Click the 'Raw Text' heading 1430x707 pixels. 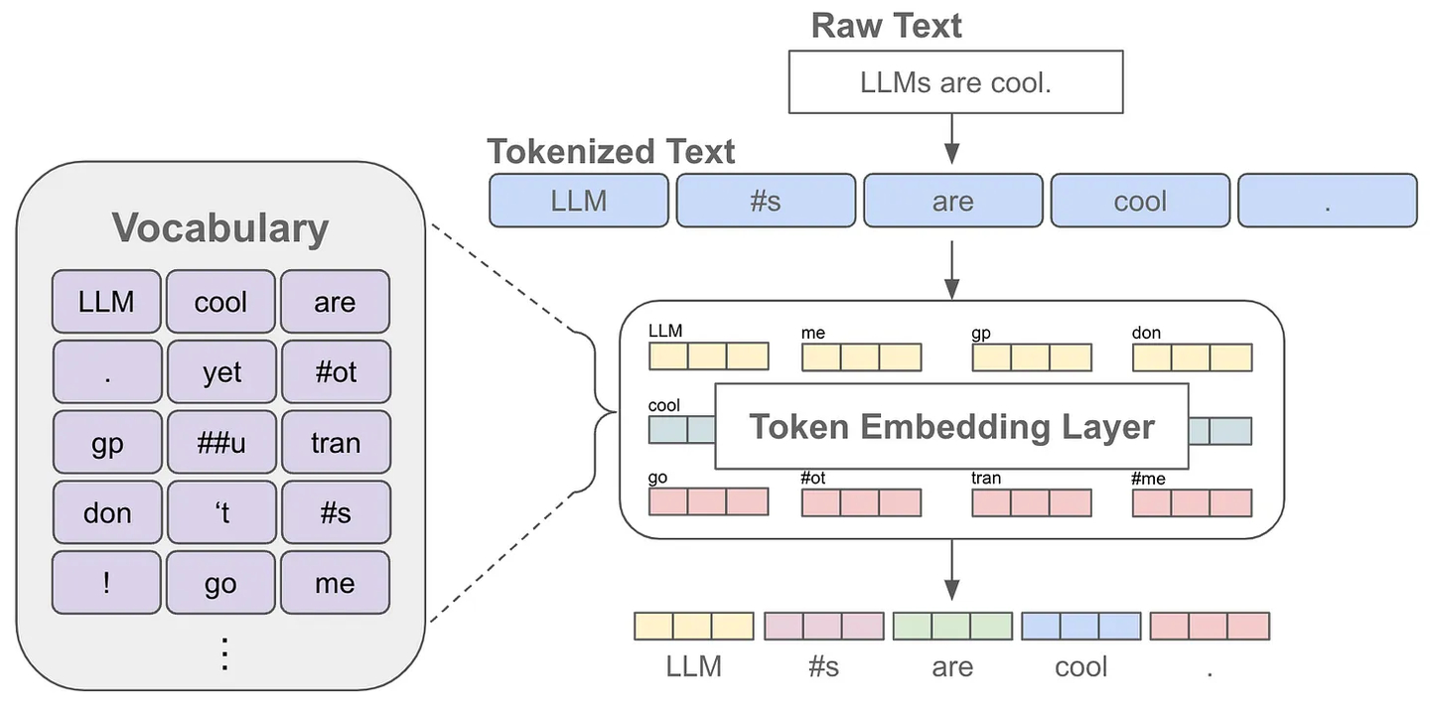[886, 25]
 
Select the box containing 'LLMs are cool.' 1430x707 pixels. [954, 83]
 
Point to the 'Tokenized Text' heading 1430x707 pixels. [611, 152]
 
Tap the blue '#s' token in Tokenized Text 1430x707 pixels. [765, 201]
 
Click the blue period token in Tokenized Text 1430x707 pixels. [1327, 201]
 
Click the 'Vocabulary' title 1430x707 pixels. [219, 227]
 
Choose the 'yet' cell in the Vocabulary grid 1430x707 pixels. [221, 372]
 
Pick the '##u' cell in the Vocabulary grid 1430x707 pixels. [221, 442]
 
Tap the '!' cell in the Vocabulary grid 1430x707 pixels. [106, 583]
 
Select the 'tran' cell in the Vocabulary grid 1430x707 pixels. [336, 442]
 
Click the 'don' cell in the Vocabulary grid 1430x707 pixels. [106, 512]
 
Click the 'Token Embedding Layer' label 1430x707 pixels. [951, 426]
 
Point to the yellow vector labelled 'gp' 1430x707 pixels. [1032, 356]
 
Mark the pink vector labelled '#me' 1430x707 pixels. [1192, 501]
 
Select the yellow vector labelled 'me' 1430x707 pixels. [861, 356]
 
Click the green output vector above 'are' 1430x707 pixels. [951, 626]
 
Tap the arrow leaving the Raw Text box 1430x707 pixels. [951, 138]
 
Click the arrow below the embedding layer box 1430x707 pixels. [951, 571]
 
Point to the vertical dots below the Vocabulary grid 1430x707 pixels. [224, 653]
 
